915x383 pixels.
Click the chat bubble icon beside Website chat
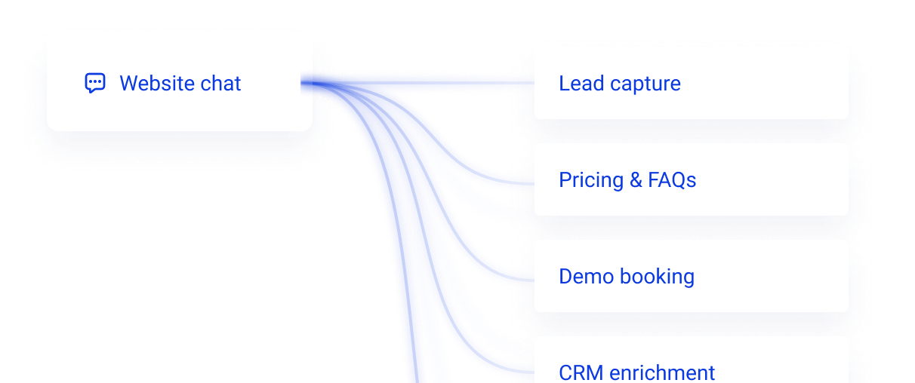pyautogui.click(x=94, y=83)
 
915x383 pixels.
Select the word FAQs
pyautogui.click(x=672, y=180)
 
